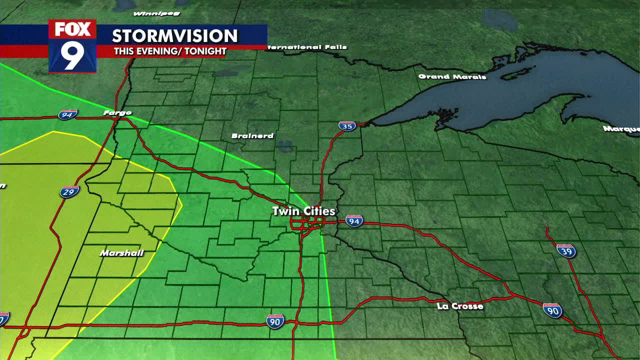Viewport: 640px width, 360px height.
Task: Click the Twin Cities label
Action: pyautogui.click(x=303, y=211)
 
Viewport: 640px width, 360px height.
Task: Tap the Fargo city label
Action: pyautogui.click(x=117, y=113)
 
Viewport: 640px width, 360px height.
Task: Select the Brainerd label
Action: pyautogui.click(x=252, y=136)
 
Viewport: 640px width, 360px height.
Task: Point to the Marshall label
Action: pyautogui.click(x=121, y=253)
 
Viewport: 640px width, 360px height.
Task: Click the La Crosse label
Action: pyautogui.click(x=460, y=306)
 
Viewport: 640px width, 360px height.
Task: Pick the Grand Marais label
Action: pyautogui.click(x=452, y=76)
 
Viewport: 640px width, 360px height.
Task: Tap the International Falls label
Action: pyautogui.click(x=307, y=47)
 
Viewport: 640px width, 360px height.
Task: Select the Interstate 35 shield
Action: pyautogui.click(x=347, y=126)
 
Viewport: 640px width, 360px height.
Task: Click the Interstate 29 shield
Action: pyautogui.click(x=69, y=191)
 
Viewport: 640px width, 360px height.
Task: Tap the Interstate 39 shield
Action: pyautogui.click(x=566, y=250)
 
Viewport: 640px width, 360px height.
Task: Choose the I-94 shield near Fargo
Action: pyautogui.click(x=67, y=115)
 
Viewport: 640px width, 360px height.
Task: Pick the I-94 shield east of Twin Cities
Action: pyautogui.click(x=354, y=221)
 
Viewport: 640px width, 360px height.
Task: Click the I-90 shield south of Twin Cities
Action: pyautogui.click(x=275, y=321)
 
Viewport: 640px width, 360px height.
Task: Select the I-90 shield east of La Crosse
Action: pyautogui.click(x=552, y=310)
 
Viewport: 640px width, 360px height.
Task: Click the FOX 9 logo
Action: pyautogui.click(x=72, y=46)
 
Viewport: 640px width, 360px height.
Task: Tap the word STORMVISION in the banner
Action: pyautogui.click(x=174, y=36)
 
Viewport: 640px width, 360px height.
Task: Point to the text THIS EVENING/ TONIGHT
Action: pyautogui.click(x=170, y=51)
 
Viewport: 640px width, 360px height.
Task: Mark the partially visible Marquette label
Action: pyautogui.click(x=621, y=129)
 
